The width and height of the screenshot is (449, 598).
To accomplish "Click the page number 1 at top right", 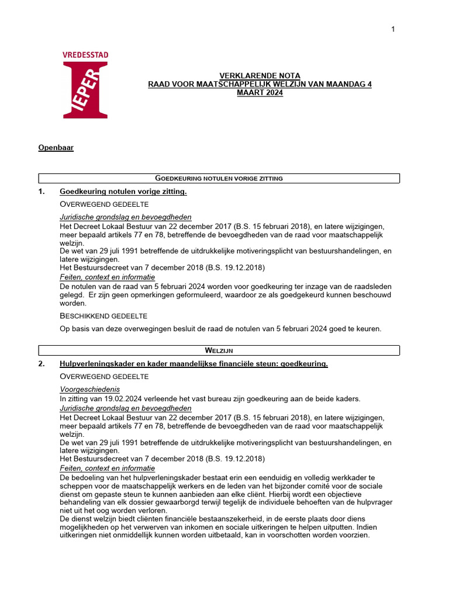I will coord(393,29).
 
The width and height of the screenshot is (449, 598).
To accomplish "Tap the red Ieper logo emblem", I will coord(85,91).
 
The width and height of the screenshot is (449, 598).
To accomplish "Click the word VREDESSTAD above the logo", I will coord(85,55).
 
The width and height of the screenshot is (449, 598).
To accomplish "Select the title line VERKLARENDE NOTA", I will coord(251,76).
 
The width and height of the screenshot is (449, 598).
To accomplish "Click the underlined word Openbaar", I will coord(56,148).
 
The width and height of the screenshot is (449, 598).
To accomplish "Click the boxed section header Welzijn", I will coord(219,350).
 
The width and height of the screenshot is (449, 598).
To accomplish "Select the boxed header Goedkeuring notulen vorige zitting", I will coord(219,178).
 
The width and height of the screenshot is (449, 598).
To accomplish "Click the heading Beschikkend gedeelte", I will coord(103,316).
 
